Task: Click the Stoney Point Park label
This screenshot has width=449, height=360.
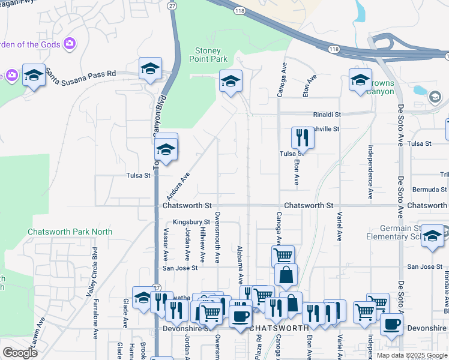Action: [x=208, y=55]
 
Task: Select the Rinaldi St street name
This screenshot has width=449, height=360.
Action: [x=327, y=114]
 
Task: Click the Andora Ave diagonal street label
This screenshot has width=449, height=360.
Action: [x=178, y=186]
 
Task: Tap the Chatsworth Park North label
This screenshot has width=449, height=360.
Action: [x=70, y=232]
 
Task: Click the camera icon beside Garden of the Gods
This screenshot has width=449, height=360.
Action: [x=70, y=43]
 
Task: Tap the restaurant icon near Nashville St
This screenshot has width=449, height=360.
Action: [x=303, y=137]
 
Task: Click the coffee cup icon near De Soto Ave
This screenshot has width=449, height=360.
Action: [x=391, y=324]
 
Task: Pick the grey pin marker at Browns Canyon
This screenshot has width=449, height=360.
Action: [x=435, y=97]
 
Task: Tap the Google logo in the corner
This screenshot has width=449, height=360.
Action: [x=19, y=352]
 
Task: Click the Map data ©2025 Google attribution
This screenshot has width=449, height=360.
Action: [x=411, y=355]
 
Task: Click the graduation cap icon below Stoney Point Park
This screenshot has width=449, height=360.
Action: [x=230, y=82]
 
